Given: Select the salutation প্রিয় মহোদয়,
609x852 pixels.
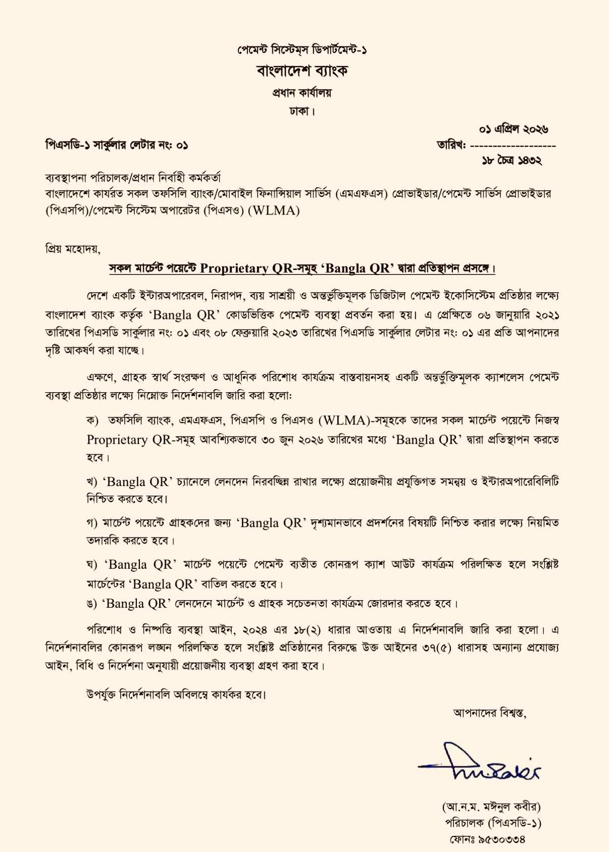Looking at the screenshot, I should (x=73, y=249).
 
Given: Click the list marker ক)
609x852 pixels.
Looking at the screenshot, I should (x=92, y=420).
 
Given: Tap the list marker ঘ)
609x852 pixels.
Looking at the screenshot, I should (x=92, y=564).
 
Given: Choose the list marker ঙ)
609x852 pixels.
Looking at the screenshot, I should (x=92, y=604).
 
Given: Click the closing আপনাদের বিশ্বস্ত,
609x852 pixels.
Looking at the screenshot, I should (x=490, y=713).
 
